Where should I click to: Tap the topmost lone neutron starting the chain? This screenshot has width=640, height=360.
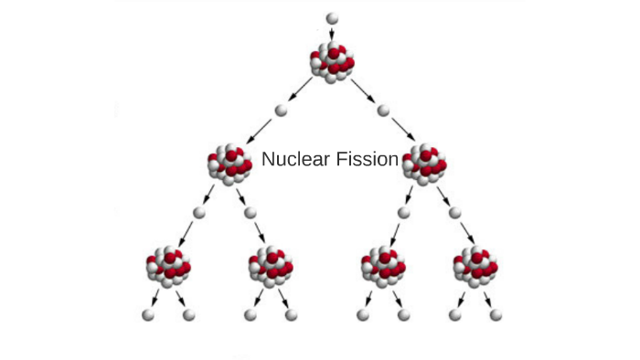332,17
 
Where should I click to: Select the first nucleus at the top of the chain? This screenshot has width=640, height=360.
332,62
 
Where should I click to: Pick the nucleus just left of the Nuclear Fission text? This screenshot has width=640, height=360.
229,164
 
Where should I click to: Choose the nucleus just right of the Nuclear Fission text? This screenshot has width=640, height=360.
424,164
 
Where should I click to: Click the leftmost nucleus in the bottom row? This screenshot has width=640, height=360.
168,267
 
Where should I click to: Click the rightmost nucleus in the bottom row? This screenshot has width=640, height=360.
475,267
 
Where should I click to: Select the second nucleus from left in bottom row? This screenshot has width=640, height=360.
272,267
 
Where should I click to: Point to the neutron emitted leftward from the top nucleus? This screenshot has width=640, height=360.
281,111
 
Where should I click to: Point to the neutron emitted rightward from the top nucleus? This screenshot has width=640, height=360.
383,111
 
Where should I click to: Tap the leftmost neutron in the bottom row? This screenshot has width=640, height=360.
147,315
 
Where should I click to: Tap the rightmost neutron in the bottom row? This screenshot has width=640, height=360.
496,315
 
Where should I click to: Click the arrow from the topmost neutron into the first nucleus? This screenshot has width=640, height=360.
332,34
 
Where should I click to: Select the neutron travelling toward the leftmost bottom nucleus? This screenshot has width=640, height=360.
197,213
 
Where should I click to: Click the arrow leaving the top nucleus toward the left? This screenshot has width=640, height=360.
303,90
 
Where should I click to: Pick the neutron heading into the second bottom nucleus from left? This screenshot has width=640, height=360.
251,213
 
